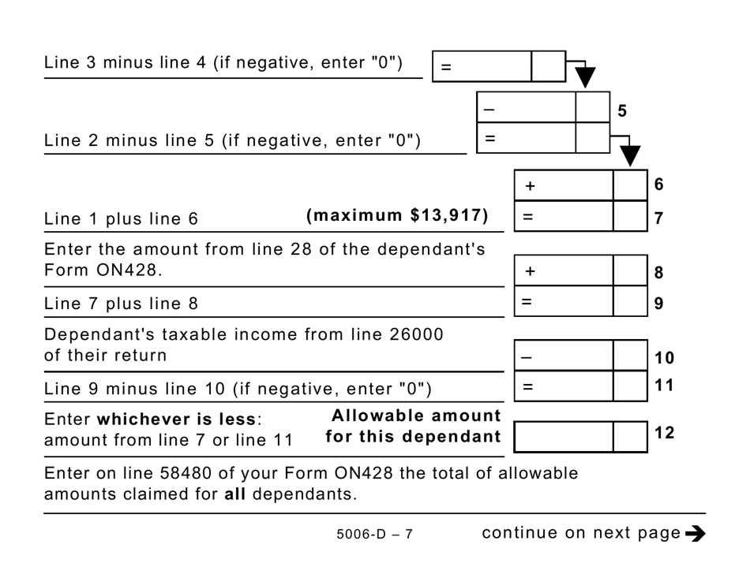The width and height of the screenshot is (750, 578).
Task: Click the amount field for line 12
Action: [564, 436]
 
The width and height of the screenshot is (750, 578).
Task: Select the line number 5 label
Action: [622, 111]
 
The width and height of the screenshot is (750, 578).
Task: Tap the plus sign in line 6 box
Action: [530, 186]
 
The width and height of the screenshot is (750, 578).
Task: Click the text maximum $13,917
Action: [397, 216]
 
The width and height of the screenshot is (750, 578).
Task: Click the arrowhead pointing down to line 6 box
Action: [630, 156]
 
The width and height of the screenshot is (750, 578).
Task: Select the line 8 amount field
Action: [564, 270]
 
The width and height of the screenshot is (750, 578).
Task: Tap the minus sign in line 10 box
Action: [527, 356]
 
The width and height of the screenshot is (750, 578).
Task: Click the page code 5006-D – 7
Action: [374, 535]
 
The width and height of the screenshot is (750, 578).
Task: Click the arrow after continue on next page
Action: [695, 534]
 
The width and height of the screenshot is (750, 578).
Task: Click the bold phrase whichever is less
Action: [176, 419]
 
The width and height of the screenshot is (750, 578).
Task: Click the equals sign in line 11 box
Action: [527, 386]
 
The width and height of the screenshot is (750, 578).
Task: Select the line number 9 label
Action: [659, 304]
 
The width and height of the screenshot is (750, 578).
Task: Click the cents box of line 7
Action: [630, 216]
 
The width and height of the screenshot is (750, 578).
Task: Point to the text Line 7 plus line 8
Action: [122, 304]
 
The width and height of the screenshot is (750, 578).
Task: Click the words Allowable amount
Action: [416, 416]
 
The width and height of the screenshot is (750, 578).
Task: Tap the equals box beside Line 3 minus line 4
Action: [482, 67]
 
